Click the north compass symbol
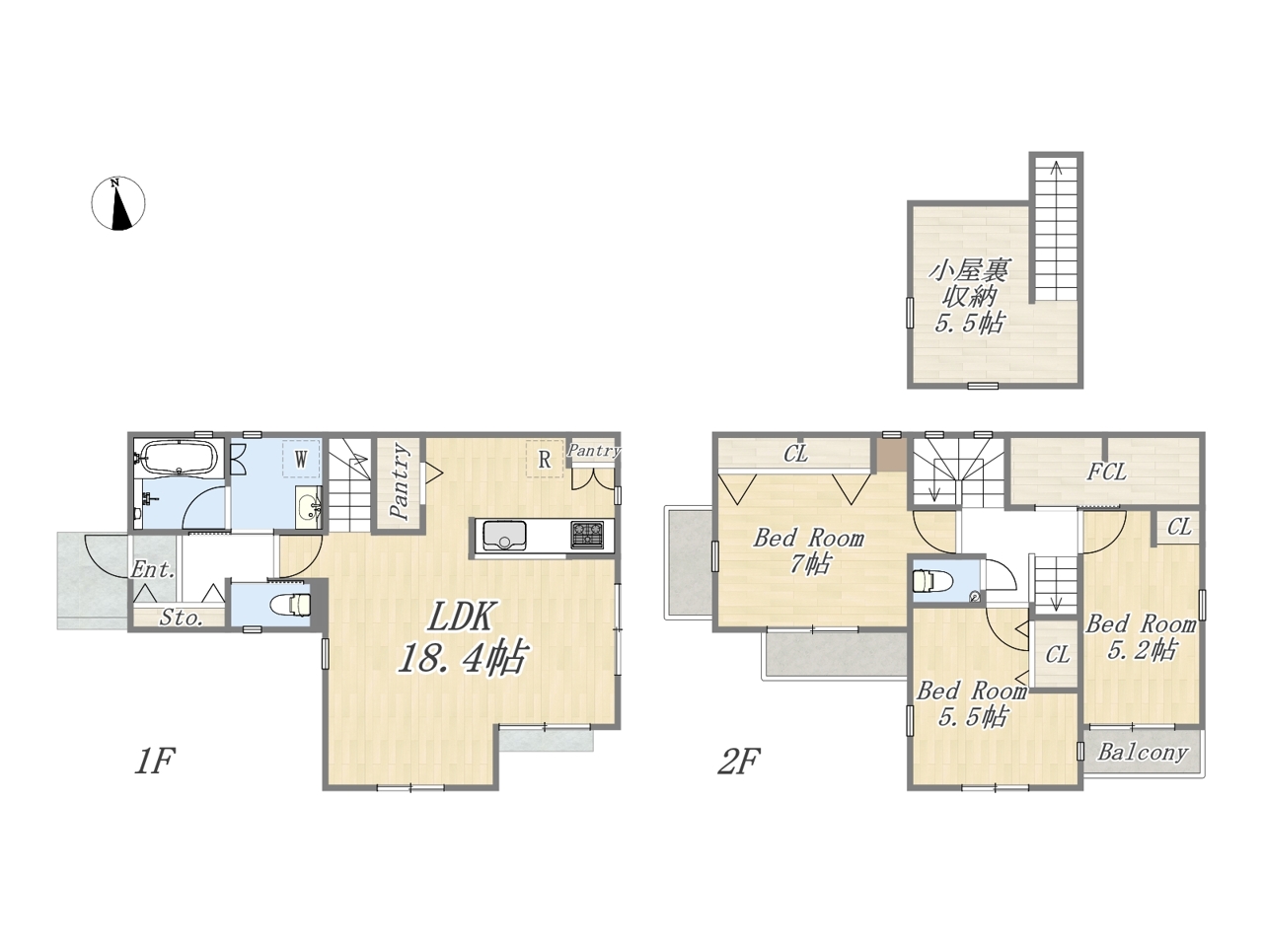[118, 203]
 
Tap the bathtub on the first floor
[179, 457]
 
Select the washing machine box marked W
[302, 459]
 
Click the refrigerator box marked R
[545, 459]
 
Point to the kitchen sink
[504, 536]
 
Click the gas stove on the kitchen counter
[587, 535]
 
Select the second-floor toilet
[927, 580]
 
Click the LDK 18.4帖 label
[462, 636]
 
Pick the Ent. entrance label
[153, 570]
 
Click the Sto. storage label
[182, 618]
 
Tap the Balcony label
[1143, 752]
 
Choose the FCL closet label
[1107, 473]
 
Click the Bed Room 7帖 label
[809, 551]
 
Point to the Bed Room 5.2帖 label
[1141, 637]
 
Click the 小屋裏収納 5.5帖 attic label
[970, 297]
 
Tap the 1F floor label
[154, 761]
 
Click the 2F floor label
[739, 761]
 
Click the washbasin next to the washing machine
[309, 507]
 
